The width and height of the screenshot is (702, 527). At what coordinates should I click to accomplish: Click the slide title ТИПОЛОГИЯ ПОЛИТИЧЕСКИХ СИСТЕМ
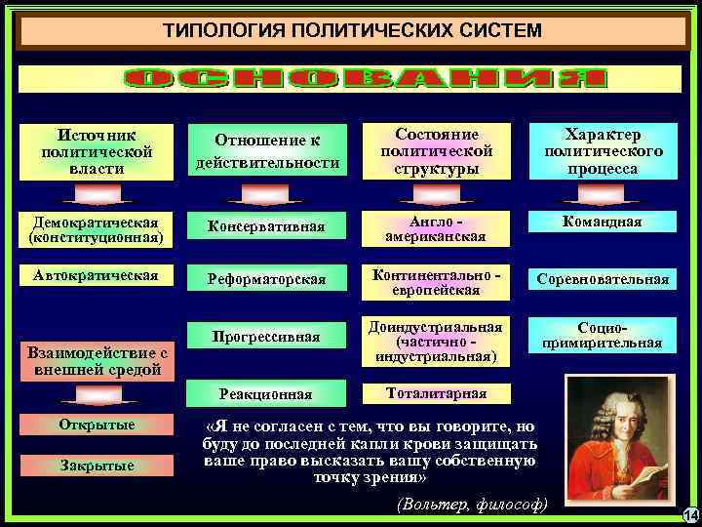point(351,31)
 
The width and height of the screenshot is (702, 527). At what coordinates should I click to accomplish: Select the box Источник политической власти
point(97,151)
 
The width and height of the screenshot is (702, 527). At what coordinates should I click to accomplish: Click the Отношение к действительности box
point(267,151)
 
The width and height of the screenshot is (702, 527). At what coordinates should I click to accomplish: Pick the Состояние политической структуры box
point(436,151)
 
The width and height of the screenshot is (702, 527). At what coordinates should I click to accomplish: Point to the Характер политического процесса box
point(604,151)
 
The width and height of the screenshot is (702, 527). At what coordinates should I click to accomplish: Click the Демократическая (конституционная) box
point(96,229)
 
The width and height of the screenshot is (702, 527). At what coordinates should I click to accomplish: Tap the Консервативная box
point(266,229)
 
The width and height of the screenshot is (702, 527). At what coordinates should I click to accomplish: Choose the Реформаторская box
point(266,281)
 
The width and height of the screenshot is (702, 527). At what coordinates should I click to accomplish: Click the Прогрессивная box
point(266,337)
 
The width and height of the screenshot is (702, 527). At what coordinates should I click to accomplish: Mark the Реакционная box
point(266,394)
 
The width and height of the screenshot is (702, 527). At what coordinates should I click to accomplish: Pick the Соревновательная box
point(604,281)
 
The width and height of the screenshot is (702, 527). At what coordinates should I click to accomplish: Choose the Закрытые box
point(96,466)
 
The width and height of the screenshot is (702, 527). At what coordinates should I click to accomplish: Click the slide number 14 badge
point(688,514)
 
